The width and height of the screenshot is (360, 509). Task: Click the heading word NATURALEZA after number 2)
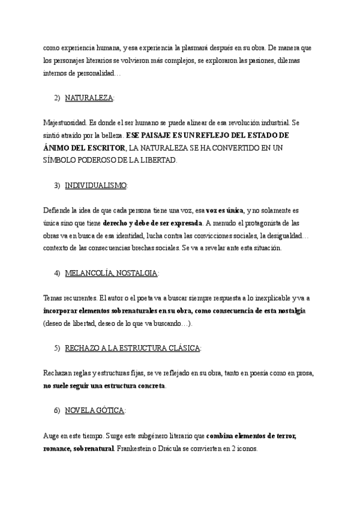89,97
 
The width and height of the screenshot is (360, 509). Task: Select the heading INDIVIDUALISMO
95,185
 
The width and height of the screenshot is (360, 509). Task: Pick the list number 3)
58,185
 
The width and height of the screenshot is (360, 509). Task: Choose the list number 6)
58,409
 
